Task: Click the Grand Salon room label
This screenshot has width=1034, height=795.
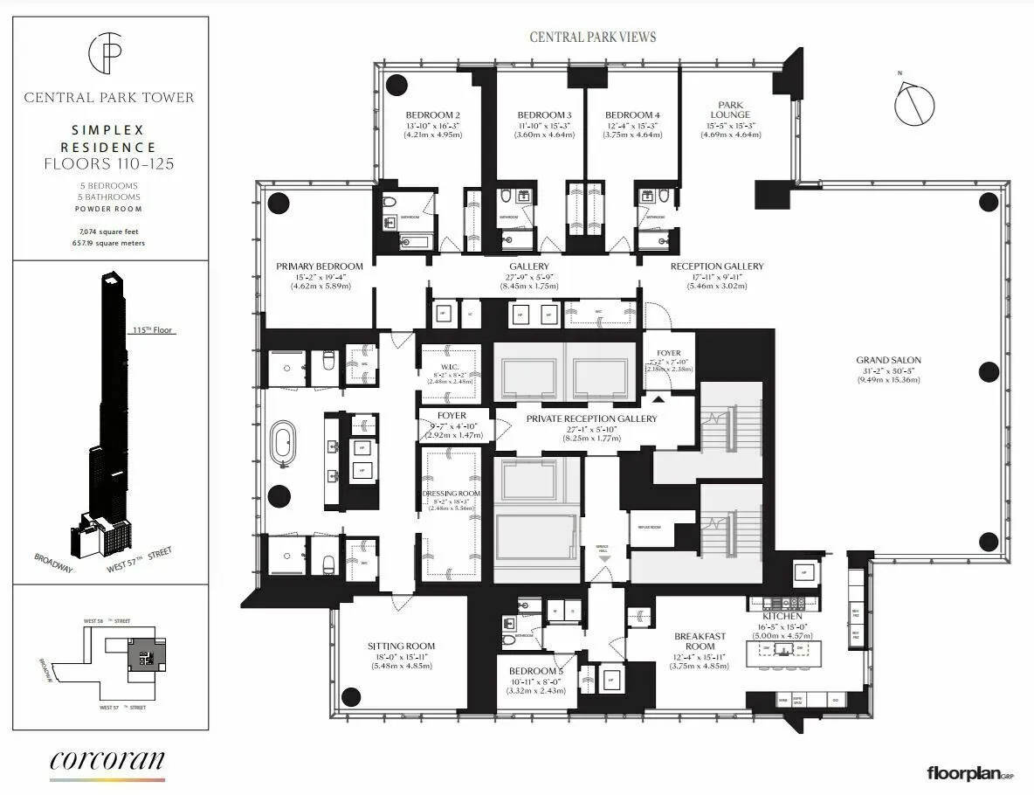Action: [x=888, y=360]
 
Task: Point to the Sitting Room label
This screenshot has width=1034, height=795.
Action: [x=401, y=646]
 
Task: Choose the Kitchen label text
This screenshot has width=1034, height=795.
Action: [x=782, y=617]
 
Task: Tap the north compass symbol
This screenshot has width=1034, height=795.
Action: [x=913, y=101]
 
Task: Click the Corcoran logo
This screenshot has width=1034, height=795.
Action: [x=107, y=760]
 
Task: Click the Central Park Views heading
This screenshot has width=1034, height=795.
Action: [x=593, y=37]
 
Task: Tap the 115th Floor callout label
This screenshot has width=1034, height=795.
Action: [x=149, y=331]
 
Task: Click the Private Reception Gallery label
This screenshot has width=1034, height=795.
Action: [x=591, y=419]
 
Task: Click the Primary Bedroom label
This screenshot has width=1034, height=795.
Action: [x=319, y=266]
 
